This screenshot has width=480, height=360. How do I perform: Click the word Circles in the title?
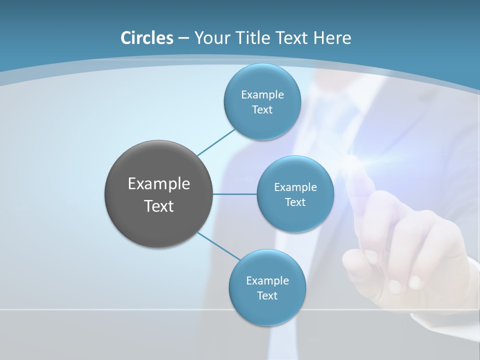pos(147,38)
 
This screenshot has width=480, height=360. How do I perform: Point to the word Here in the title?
pos(332,38)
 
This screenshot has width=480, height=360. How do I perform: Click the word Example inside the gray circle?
pos(158,184)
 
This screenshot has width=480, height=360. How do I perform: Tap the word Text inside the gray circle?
pos(158,206)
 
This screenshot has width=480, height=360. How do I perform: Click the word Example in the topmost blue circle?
pos(262,95)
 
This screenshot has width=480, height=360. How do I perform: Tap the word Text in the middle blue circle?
pos(295,202)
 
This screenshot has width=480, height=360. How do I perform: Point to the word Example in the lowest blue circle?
pos(267,281)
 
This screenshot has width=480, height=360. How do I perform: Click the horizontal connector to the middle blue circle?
pos(234,194)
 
